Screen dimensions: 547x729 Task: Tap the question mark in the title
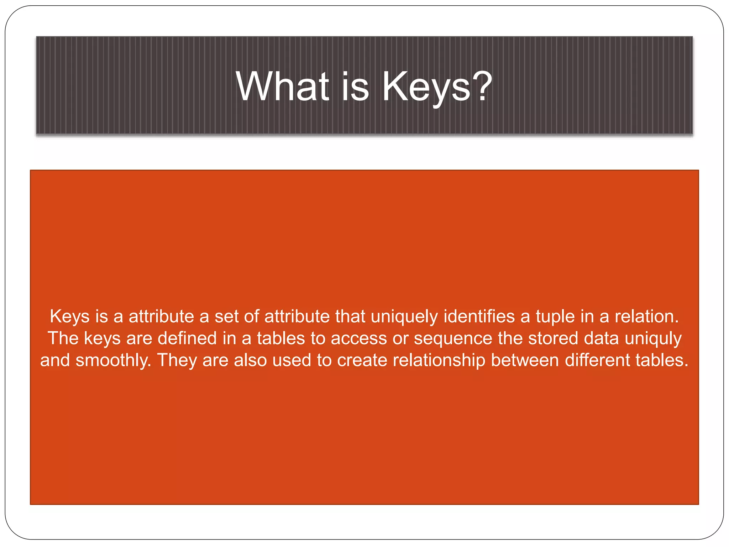pos(483,87)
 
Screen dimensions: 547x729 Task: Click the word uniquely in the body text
pos(404,317)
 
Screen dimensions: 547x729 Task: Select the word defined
pos(187,338)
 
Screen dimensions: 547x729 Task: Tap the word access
pos(359,338)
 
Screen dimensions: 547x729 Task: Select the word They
pos(177,360)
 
